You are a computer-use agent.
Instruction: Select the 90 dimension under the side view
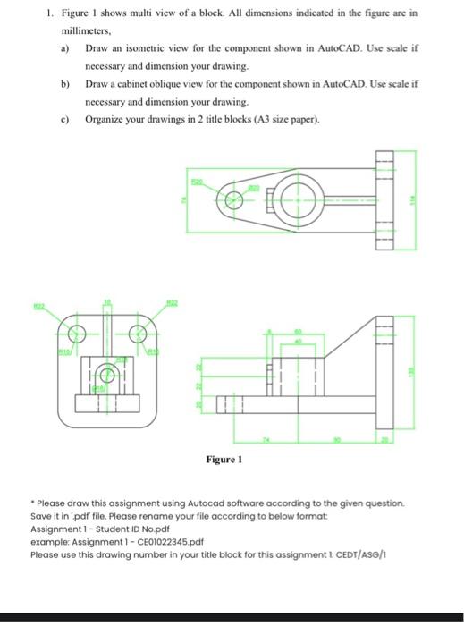(x=338, y=440)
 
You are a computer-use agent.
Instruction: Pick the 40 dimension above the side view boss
(x=299, y=342)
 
